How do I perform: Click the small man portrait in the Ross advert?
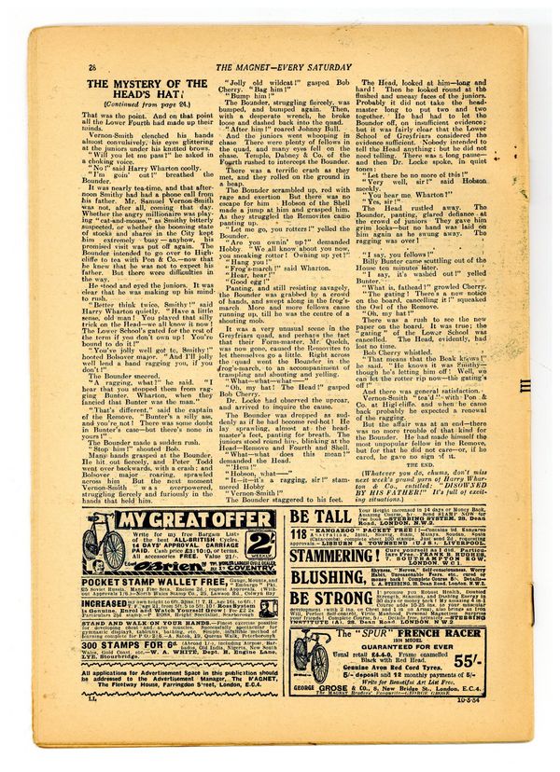click(x=268, y=608)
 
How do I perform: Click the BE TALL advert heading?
click(x=319, y=517)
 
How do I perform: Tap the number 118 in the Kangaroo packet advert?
click(x=298, y=534)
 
